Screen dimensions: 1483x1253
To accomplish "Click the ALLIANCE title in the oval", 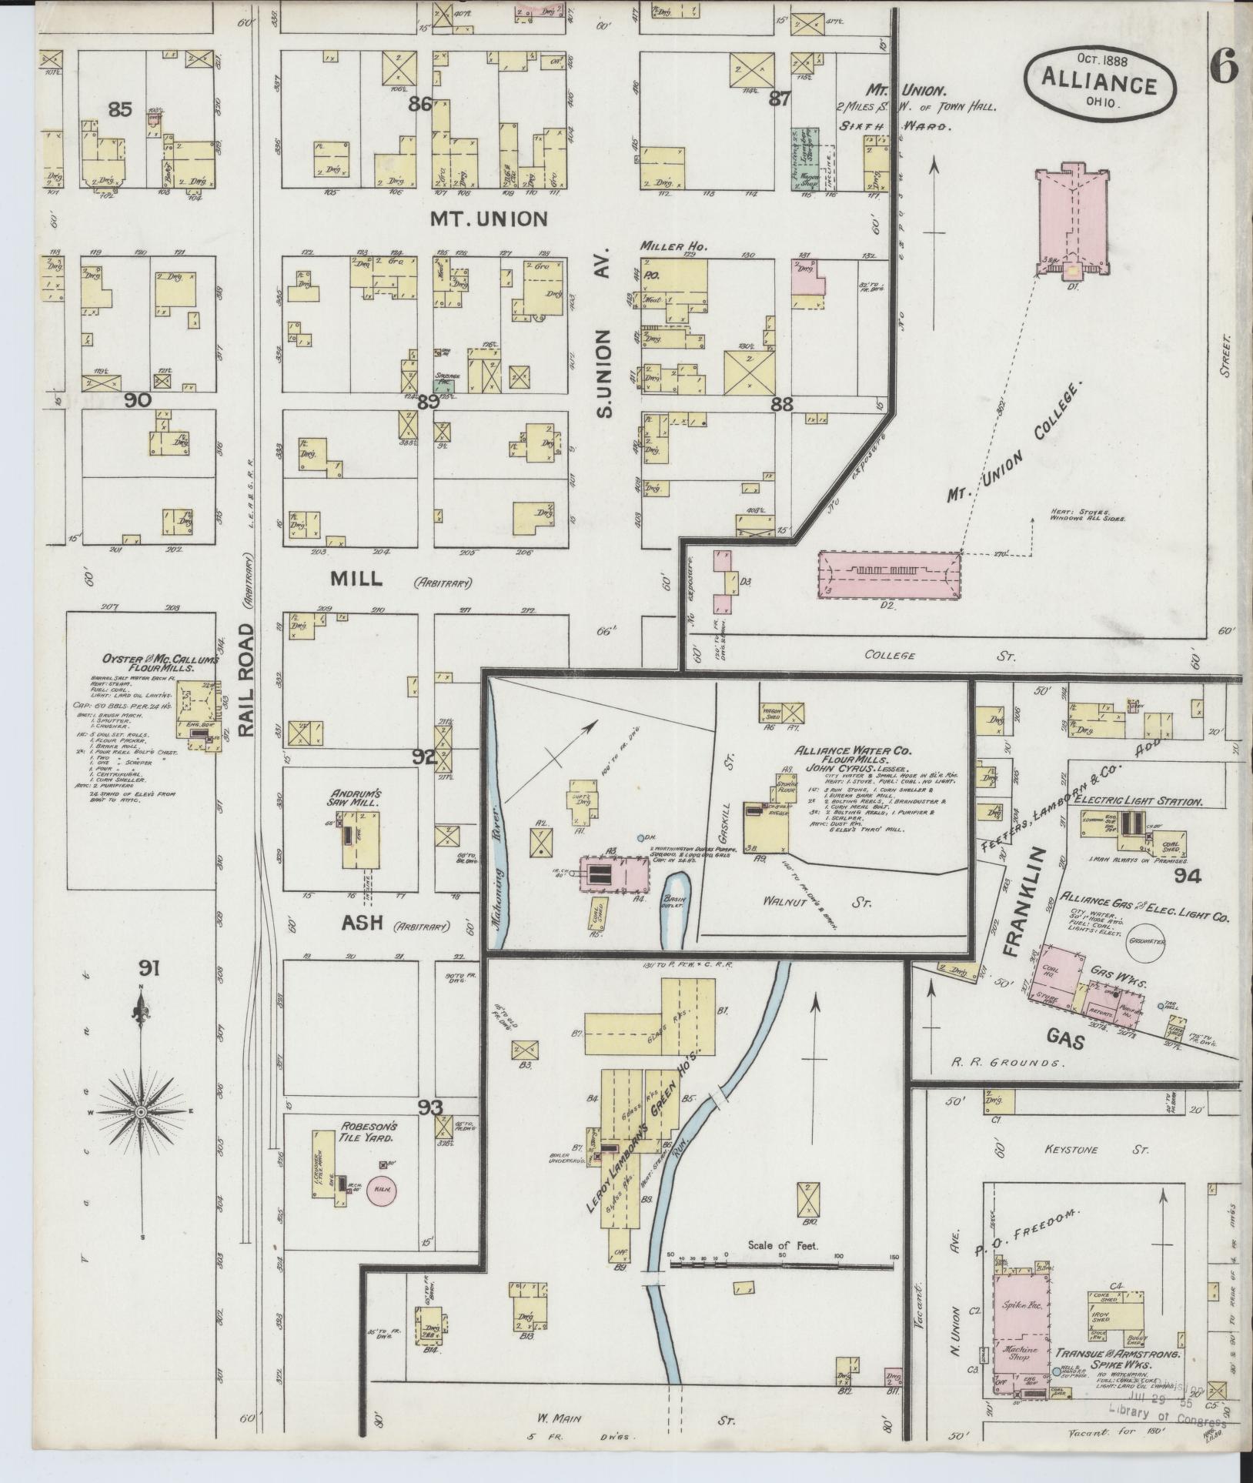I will click(1099, 85).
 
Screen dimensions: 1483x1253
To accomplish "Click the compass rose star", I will click(142, 1113).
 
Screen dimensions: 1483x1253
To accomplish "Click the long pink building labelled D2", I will click(888, 574).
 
